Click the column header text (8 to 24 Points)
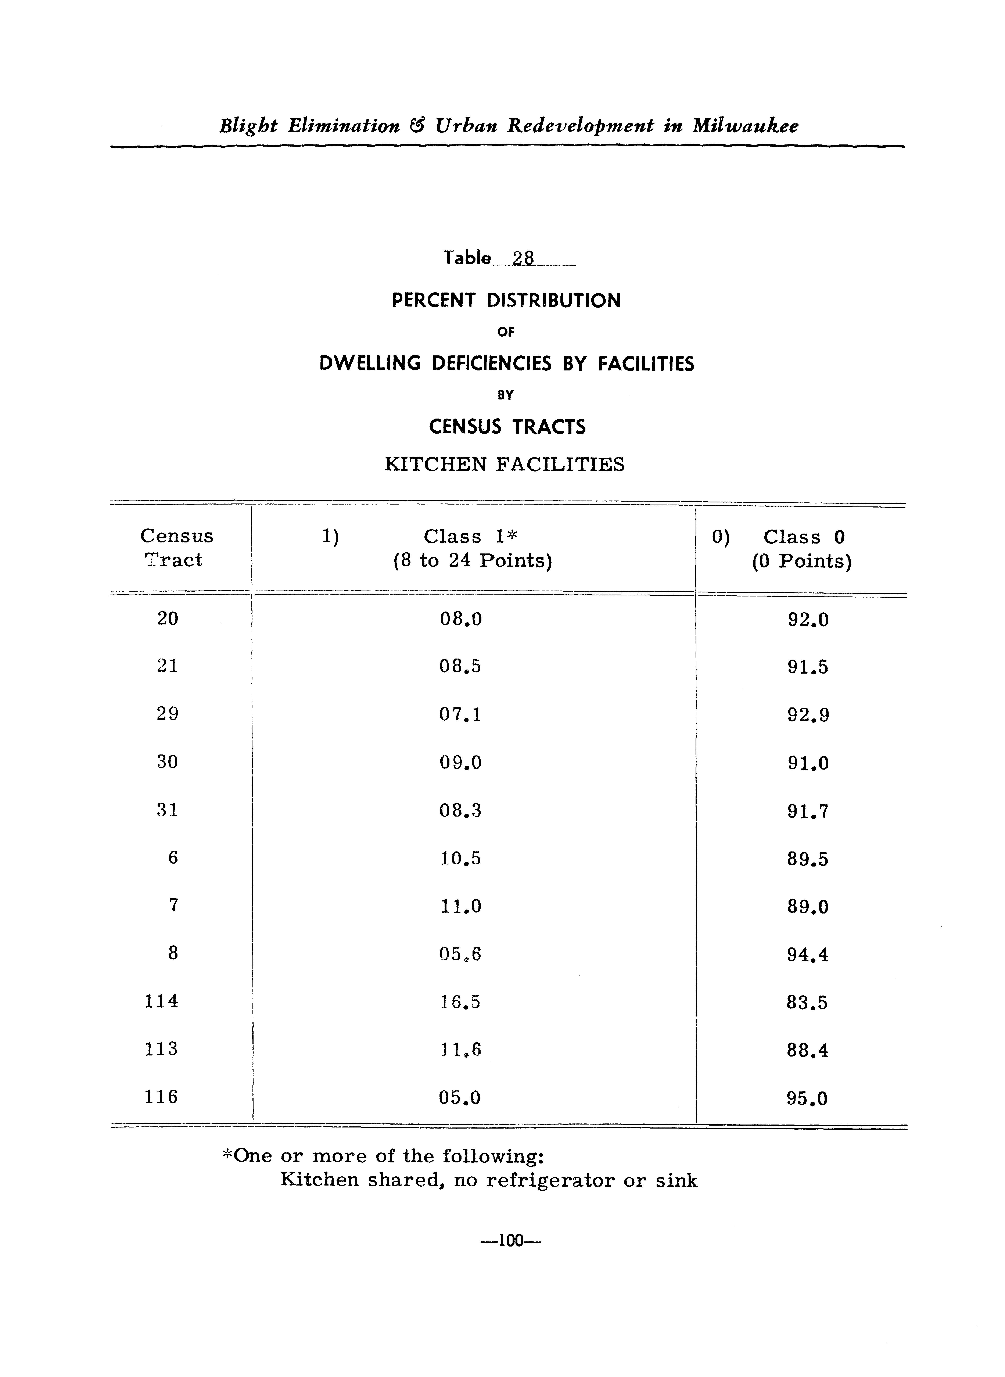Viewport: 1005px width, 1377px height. click(x=473, y=560)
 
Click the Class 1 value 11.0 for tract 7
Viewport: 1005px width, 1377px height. click(x=460, y=906)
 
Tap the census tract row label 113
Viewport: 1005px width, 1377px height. click(x=161, y=1048)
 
